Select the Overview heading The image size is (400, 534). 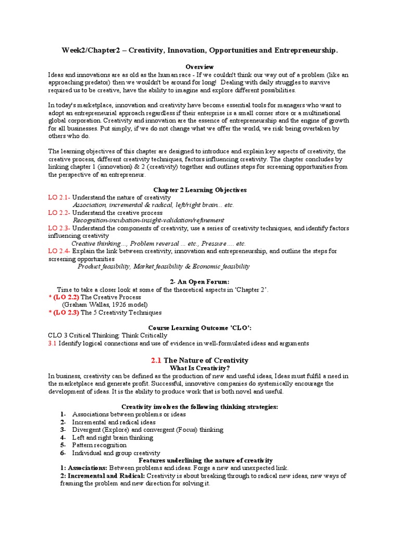click(200, 67)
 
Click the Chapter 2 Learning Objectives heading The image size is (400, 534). click(200, 190)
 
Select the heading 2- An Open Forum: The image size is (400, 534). click(200, 282)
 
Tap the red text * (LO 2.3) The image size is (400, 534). click(64, 313)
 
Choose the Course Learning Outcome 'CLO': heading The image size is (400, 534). click(200, 328)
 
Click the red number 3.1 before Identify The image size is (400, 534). click(53, 344)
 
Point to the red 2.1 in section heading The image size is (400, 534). click(156, 360)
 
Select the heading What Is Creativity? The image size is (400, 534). click(200, 368)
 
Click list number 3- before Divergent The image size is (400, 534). click(63, 430)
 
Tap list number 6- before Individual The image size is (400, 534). click(63, 453)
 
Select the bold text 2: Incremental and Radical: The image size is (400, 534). click(103, 476)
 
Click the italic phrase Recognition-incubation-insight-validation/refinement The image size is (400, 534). click(148, 221)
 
